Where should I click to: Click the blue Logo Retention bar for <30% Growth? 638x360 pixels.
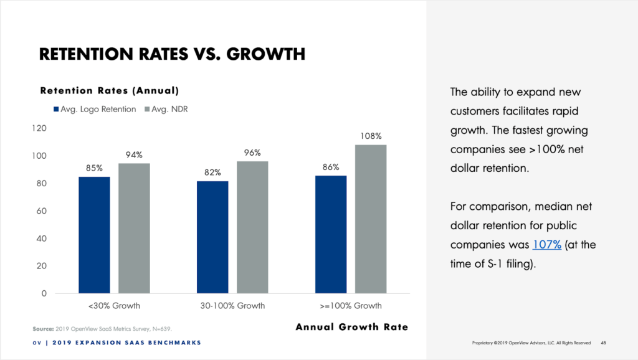click(94, 235)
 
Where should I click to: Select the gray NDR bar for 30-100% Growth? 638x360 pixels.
click(252, 227)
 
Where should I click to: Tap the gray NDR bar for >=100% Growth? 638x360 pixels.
click(371, 219)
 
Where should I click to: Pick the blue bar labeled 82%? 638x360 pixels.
click(212, 237)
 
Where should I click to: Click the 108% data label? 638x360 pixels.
click(371, 136)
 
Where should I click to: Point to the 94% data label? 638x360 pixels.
click(134, 155)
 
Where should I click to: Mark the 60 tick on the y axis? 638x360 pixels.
click(42, 211)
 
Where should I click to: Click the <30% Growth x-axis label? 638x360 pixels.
click(115, 306)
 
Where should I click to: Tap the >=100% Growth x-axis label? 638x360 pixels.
click(351, 306)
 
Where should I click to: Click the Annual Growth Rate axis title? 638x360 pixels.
click(351, 327)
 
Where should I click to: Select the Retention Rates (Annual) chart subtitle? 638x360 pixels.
click(110, 90)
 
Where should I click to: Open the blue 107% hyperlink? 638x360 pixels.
click(547, 245)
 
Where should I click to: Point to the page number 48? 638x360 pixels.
click(604, 343)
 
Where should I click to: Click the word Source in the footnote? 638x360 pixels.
click(43, 328)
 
